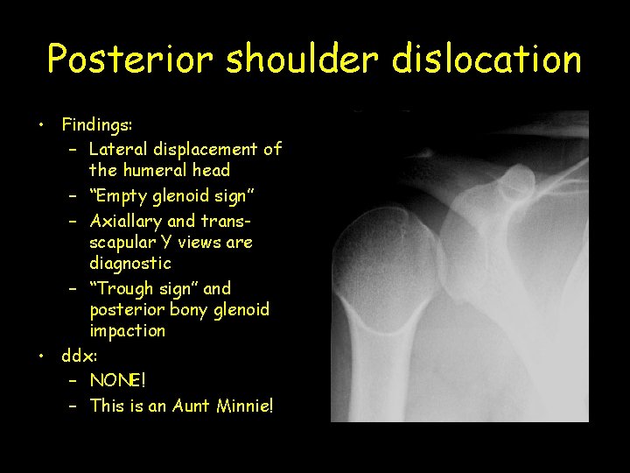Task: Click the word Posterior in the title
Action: (128, 60)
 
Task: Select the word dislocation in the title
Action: (487, 60)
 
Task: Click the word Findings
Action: (95, 126)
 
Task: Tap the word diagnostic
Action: (129, 263)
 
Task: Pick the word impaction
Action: (127, 330)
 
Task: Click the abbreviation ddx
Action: (79, 356)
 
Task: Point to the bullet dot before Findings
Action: (41, 124)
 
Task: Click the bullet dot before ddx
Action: (41, 355)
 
